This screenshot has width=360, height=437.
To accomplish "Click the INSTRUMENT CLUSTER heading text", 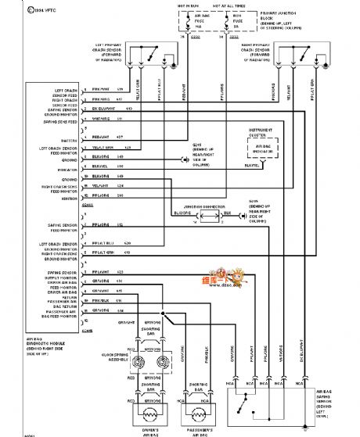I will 263,131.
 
